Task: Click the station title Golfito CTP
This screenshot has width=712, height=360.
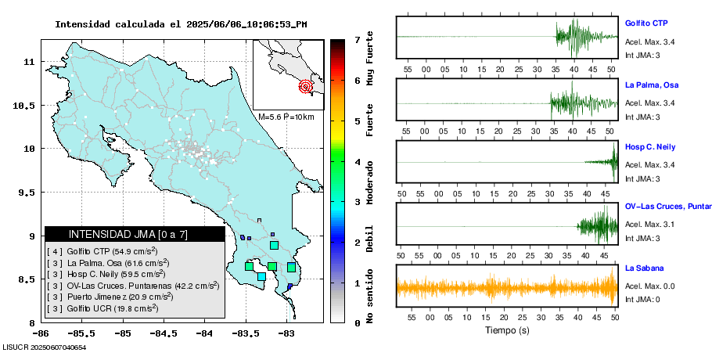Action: click(x=645, y=23)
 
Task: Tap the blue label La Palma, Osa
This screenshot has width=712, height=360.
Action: click(x=651, y=85)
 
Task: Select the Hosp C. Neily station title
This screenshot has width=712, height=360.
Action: click(x=649, y=146)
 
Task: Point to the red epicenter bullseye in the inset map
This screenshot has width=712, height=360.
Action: click(x=306, y=87)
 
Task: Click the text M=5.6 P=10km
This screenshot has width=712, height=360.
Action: click(x=285, y=117)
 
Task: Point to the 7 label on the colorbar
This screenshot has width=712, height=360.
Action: click(x=357, y=39)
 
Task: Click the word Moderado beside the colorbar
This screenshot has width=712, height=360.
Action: click(x=369, y=185)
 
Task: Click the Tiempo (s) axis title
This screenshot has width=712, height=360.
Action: click(x=506, y=330)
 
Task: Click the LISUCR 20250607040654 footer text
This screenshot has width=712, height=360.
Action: click(x=44, y=347)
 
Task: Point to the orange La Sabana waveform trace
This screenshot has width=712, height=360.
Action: click(x=506, y=286)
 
